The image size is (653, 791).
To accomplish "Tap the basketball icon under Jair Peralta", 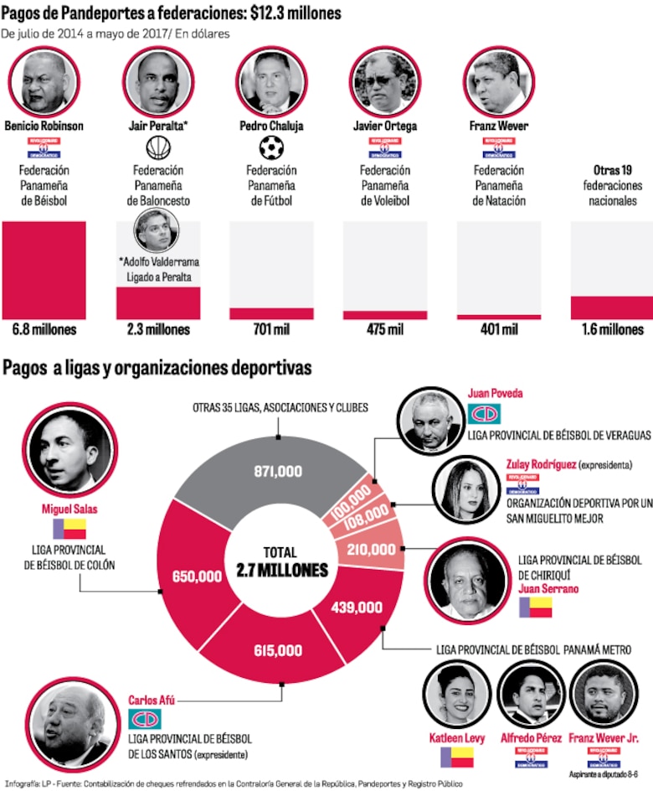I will tap(158, 148).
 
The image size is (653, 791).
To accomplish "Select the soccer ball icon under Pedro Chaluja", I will tap(271, 148).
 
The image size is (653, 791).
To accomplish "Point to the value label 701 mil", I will tap(271, 329).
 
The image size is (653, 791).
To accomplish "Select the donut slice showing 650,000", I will tap(198, 576).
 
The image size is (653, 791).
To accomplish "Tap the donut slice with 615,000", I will tap(278, 649).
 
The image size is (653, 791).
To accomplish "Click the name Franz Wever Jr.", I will tap(603, 737).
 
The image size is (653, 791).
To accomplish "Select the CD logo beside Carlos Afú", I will tap(144, 718).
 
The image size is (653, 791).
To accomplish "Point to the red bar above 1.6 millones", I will tap(611, 308).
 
